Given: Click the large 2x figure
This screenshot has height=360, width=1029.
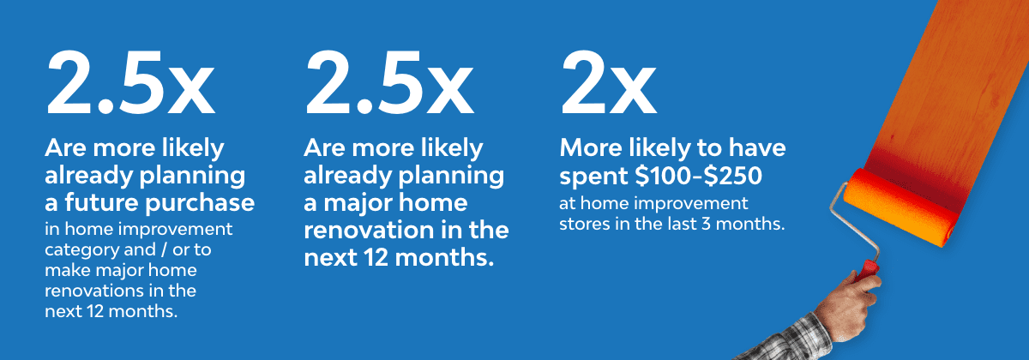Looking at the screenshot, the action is click(609, 82).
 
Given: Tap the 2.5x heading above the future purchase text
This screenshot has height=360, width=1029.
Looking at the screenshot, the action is click(130, 82).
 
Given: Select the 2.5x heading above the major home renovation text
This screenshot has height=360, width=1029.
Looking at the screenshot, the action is click(389, 82).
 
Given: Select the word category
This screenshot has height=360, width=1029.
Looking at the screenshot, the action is click(74, 250).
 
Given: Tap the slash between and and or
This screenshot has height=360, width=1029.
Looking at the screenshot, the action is click(164, 249).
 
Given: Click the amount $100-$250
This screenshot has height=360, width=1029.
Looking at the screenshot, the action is click(698, 176).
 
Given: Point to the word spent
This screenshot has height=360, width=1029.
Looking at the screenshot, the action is click(594, 177).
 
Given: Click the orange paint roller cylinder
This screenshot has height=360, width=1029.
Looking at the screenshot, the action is click(900, 207).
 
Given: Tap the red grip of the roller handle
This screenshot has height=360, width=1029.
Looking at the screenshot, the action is click(867, 270).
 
